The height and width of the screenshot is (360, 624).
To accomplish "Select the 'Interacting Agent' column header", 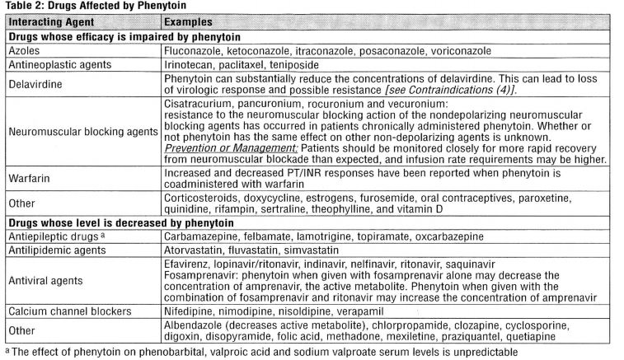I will tap(50, 21).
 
